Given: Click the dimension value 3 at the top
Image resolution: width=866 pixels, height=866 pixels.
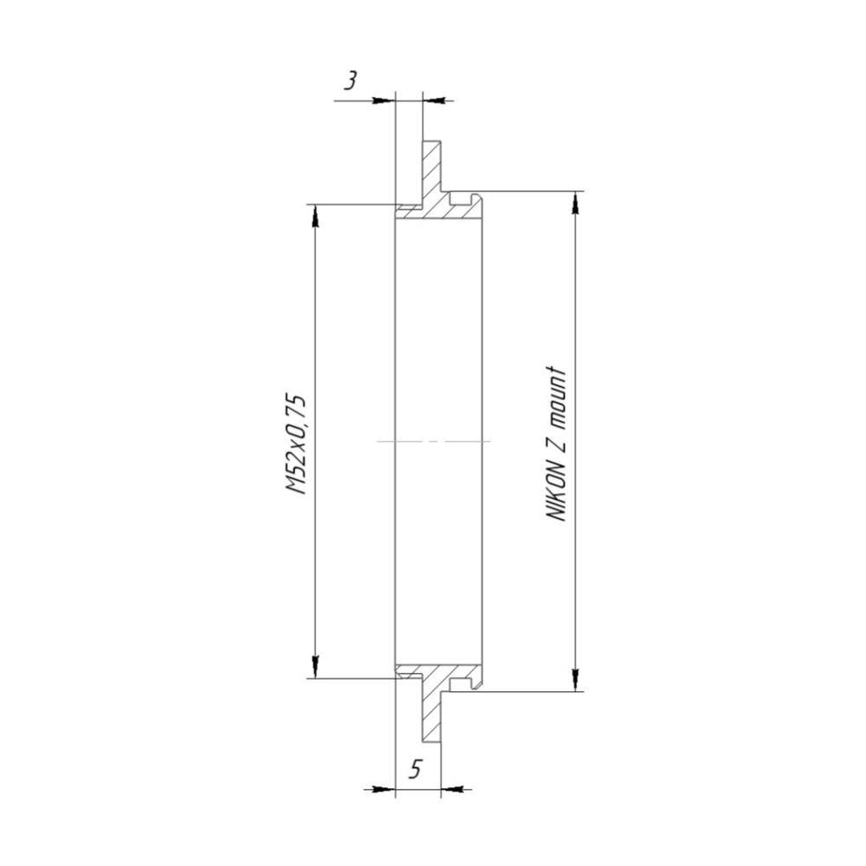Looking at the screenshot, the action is pos(350,81).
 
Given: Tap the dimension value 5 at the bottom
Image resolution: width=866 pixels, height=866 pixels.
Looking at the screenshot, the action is pos(416,768).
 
